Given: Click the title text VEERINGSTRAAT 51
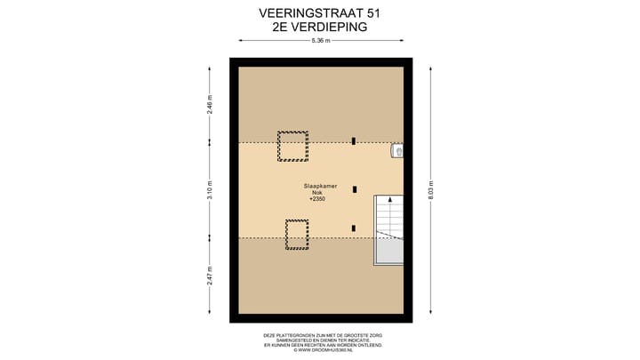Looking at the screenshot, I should (320, 13).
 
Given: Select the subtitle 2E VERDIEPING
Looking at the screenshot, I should (320, 28).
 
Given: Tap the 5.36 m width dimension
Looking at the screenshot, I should (320, 41).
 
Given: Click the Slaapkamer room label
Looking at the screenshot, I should (320, 186).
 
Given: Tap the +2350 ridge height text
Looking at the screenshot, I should (318, 199).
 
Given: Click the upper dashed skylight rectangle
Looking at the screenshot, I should (292, 146).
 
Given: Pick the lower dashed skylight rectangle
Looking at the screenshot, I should (297, 234).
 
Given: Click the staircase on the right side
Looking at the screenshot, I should (388, 228).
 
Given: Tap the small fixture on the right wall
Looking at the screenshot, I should (397, 151).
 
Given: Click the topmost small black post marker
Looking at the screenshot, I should (354, 140).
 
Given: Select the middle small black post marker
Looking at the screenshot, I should (355, 188).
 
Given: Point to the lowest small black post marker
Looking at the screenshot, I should (354, 228).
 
